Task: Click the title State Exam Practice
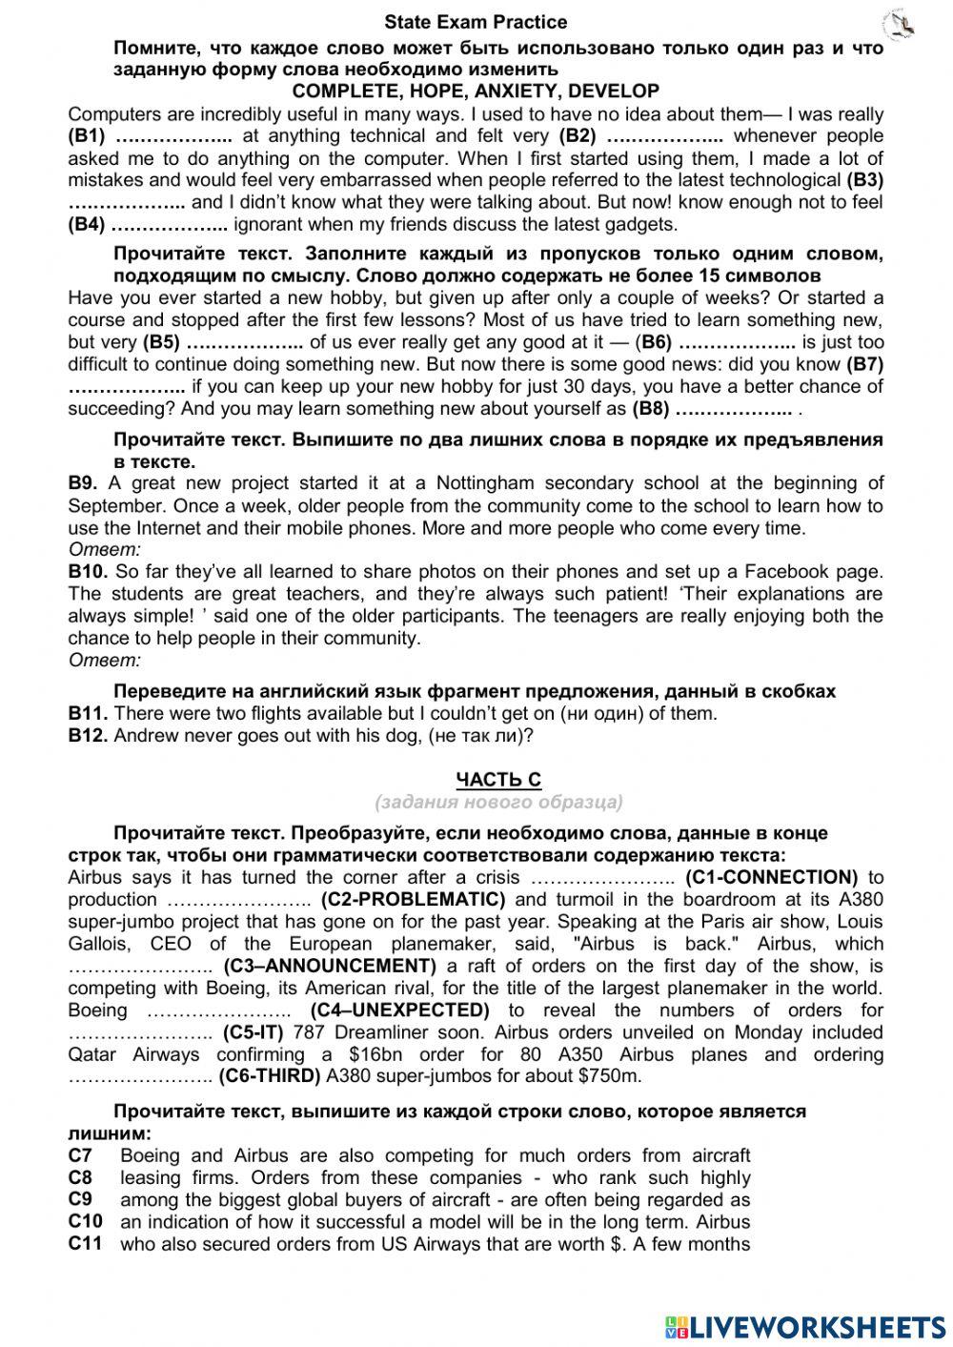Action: click(x=476, y=22)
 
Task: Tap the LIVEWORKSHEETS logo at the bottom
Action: click(x=805, y=1326)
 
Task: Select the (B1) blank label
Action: click(x=87, y=136)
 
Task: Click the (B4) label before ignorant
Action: click(x=87, y=225)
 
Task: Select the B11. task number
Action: click(x=88, y=713)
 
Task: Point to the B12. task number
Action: click(x=88, y=736)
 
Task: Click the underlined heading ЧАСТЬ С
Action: click(x=498, y=780)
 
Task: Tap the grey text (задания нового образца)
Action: click(x=498, y=802)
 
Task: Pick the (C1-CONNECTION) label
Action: click(x=771, y=877)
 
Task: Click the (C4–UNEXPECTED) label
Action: click(x=399, y=1010)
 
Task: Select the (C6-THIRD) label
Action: click(x=270, y=1076)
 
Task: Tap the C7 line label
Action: click(x=80, y=1155)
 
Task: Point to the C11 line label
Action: click(x=85, y=1243)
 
